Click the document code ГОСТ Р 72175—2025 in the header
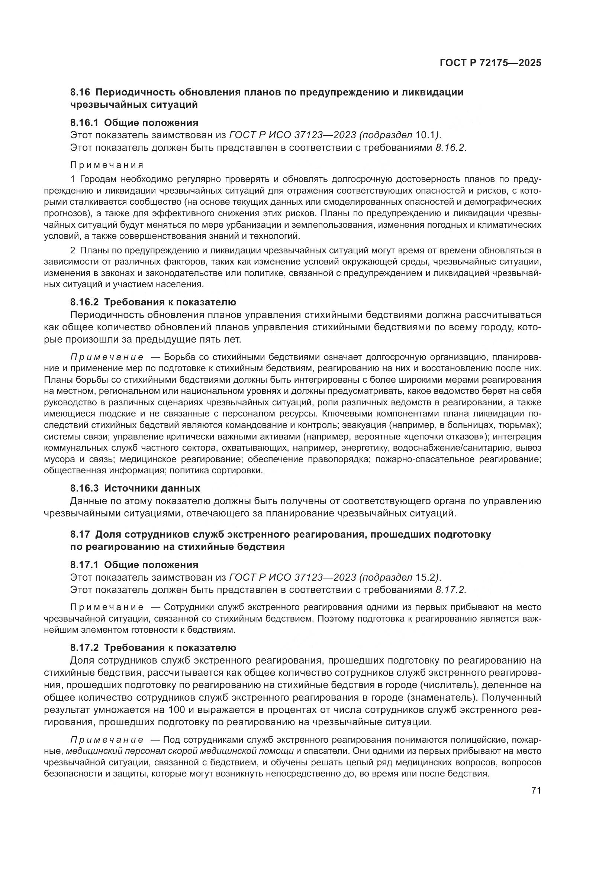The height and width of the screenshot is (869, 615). coord(490,63)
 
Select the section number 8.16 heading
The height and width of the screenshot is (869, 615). coord(80,92)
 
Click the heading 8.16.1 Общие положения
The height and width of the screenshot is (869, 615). coord(134,123)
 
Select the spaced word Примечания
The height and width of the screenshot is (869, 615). coord(107,165)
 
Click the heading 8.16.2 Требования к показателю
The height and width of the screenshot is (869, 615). coord(153,302)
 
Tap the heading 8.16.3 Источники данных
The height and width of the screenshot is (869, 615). coord(135,488)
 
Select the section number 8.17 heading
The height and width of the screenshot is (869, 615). coord(80,534)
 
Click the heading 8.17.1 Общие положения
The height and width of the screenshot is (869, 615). coord(134,565)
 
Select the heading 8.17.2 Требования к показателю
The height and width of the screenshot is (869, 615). coord(153,648)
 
